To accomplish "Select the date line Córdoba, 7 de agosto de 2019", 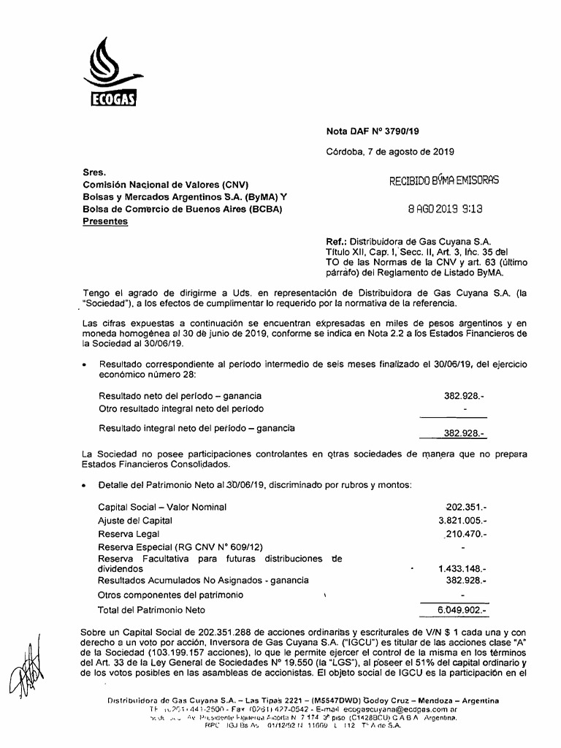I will click(390, 152).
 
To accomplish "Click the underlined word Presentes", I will click(106, 221).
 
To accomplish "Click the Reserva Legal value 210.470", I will click(466, 535).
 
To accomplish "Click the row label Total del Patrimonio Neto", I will click(152, 609).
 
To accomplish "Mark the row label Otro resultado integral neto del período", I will click(181, 408).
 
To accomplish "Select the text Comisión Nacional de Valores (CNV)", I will click(156, 186).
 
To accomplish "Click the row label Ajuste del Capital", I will click(135, 521).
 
